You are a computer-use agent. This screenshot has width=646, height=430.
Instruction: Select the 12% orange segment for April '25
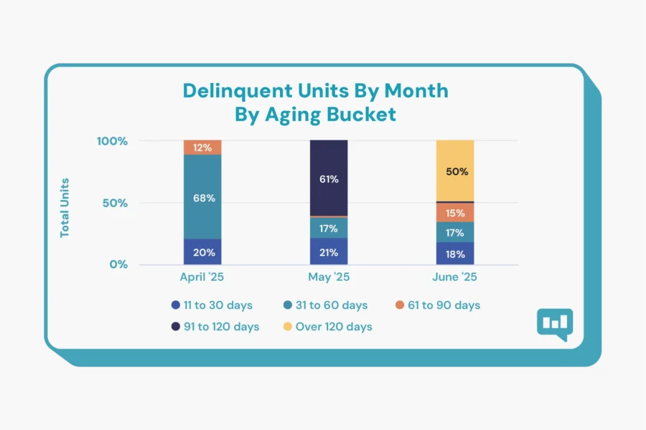pos(202,148)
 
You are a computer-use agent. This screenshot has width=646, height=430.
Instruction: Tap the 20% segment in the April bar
pos(202,252)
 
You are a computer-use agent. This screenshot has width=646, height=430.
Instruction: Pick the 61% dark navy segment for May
pos(329,178)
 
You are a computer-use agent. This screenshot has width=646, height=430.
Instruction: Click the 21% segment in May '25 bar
pos(329,252)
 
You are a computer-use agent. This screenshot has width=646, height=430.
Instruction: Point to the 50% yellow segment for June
pos(455,171)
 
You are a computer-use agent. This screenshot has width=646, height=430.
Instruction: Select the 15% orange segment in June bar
pos(455,213)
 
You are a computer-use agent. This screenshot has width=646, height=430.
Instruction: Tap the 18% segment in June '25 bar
pos(455,253)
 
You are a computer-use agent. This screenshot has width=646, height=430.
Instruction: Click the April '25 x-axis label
pos(202,277)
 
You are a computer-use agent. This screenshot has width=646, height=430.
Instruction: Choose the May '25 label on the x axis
pos(329,277)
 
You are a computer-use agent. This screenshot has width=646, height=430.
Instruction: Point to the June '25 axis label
pos(455,277)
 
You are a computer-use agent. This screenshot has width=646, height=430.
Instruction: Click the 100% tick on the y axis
pos(112,141)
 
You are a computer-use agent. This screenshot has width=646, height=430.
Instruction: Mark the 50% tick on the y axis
pos(115,203)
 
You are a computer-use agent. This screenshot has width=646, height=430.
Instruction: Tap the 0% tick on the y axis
pos(118,264)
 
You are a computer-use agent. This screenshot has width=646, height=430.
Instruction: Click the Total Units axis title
pos(65,208)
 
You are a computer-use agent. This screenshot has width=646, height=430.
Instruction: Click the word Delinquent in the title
pos(230,91)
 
